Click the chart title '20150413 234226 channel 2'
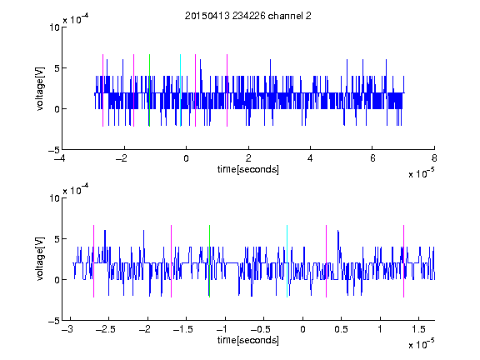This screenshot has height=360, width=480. [248, 16]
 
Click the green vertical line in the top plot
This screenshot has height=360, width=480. [149, 90]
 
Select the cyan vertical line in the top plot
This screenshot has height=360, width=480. [180, 90]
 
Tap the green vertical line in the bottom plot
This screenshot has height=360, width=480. [209, 261]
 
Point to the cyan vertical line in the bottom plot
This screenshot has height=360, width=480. [287, 261]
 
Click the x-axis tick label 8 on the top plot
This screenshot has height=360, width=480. [434, 158]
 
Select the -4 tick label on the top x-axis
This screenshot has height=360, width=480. [60, 158]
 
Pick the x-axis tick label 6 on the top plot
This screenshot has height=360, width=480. [372, 158]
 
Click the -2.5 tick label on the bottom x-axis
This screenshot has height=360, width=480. [106, 329]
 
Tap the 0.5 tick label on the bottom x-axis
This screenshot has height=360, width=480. [342, 329]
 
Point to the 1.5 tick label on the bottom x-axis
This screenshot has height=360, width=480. [419, 329]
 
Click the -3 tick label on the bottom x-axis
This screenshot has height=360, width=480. [67, 329]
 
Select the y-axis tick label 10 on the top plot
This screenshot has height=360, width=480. [54, 27]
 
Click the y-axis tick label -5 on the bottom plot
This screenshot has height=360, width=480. [54, 321]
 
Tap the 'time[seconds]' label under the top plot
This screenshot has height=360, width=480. [248, 169]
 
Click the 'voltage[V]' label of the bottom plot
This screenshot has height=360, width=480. [40, 259]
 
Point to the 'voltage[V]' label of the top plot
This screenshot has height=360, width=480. [40, 88]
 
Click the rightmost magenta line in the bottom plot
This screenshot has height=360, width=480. [403, 261]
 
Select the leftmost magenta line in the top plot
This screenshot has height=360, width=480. [102, 90]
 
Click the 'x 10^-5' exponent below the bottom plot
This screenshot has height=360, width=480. [422, 343]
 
